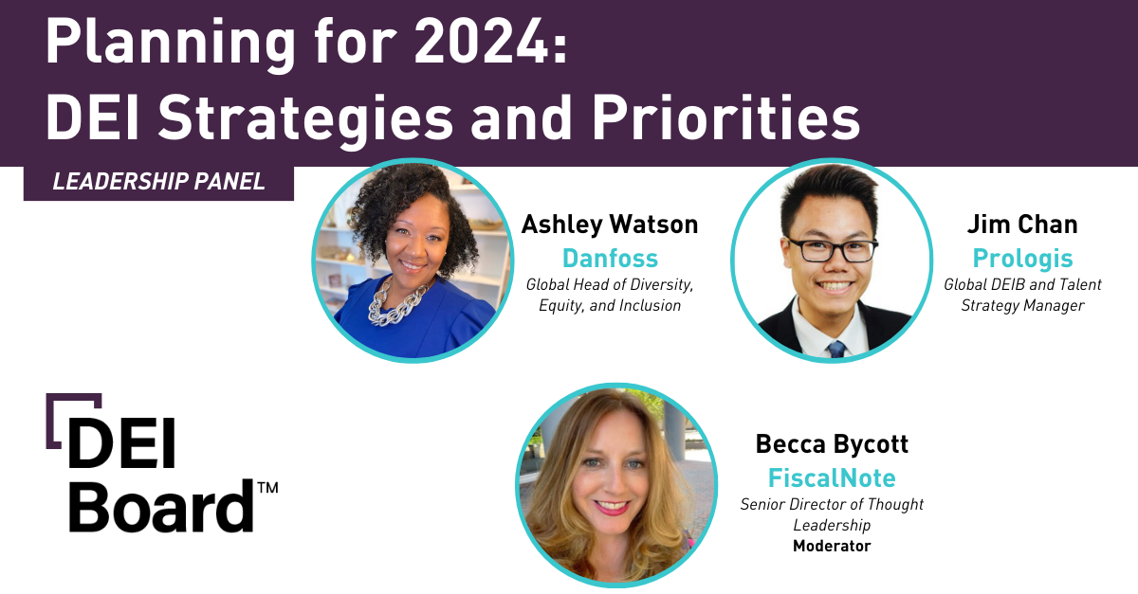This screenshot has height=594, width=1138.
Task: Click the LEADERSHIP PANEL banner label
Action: (x=158, y=182)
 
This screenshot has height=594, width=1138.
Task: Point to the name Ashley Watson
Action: (x=610, y=225)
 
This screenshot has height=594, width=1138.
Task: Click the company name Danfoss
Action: (x=610, y=258)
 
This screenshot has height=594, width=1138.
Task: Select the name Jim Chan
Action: (x=1022, y=225)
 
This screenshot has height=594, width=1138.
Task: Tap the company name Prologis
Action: (x=1022, y=258)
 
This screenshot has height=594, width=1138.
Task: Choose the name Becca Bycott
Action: (x=832, y=443)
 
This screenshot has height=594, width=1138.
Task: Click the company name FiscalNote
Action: (x=832, y=477)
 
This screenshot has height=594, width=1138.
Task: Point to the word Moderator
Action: (x=832, y=546)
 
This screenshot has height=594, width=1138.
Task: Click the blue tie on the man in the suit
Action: (x=835, y=349)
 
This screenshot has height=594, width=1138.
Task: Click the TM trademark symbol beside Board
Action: (x=267, y=488)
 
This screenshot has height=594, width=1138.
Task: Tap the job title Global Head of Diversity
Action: (x=610, y=284)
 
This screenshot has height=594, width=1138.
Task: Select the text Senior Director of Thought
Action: (x=832, y=504)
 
